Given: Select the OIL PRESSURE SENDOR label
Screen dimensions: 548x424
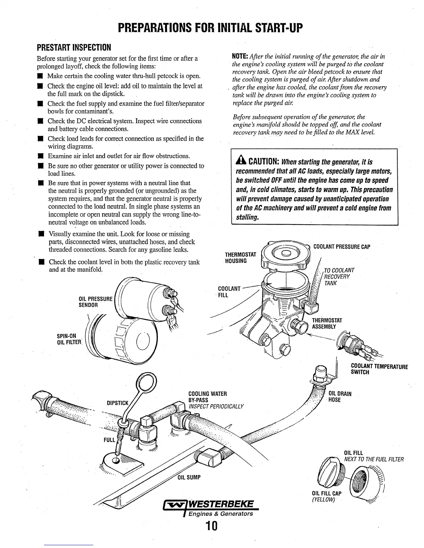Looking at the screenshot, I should (x=96, y=302).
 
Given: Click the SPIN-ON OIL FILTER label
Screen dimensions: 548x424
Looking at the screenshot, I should (x=69, y=339).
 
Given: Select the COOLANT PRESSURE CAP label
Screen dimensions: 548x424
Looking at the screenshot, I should (x=342, y=247).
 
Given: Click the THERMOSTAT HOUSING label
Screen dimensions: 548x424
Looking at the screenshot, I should (x=240, y=257).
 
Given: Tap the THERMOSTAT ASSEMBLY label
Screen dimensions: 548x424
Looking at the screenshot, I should (x=327, y=323).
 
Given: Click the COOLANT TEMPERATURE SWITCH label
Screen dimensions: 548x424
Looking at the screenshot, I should (x=379, y=369).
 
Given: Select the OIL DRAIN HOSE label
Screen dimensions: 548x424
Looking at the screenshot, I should (x=339, y=396).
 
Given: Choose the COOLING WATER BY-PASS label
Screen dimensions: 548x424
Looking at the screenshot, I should (x=207, y=397).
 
